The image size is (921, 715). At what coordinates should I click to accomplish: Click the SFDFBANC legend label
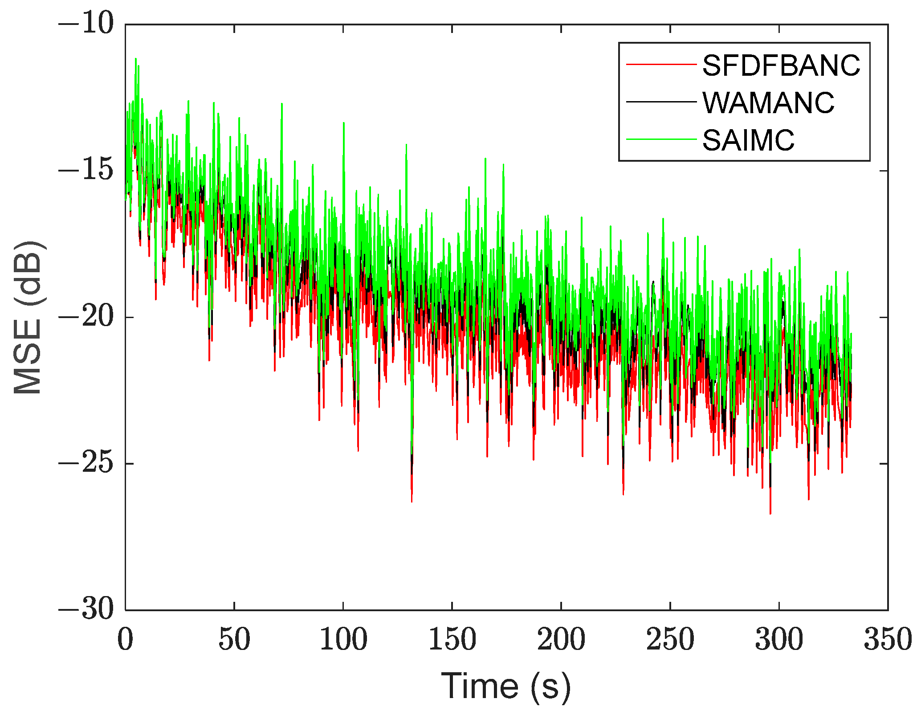pos(781,65)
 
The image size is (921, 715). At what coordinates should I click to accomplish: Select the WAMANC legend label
pos(768,103)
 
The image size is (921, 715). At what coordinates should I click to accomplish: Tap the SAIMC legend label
pos(748,140)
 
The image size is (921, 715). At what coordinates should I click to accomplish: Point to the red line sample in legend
pos(661,65)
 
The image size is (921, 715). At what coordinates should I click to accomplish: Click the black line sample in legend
pos(661,102)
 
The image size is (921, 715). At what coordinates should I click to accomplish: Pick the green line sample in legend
pos(661,139)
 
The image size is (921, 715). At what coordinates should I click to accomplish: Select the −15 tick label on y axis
pos(86,171)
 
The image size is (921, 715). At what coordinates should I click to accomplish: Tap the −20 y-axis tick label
pos(86,317)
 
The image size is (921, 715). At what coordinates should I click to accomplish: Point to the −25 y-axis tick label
pos(86,464)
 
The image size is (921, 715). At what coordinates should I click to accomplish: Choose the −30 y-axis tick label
pos(86,610)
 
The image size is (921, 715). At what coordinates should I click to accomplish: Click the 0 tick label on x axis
pos(126,640)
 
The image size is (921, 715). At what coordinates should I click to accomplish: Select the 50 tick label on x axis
pos(234,640)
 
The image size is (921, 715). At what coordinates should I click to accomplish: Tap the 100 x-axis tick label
pos(343,640)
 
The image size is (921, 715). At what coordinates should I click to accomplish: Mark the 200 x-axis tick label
pos(561,640)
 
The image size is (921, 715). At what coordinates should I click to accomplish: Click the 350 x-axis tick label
pos(888,640)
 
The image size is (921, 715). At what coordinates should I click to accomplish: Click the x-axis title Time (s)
pos(506,686)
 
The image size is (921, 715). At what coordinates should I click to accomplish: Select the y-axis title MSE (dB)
pos(28,317)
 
